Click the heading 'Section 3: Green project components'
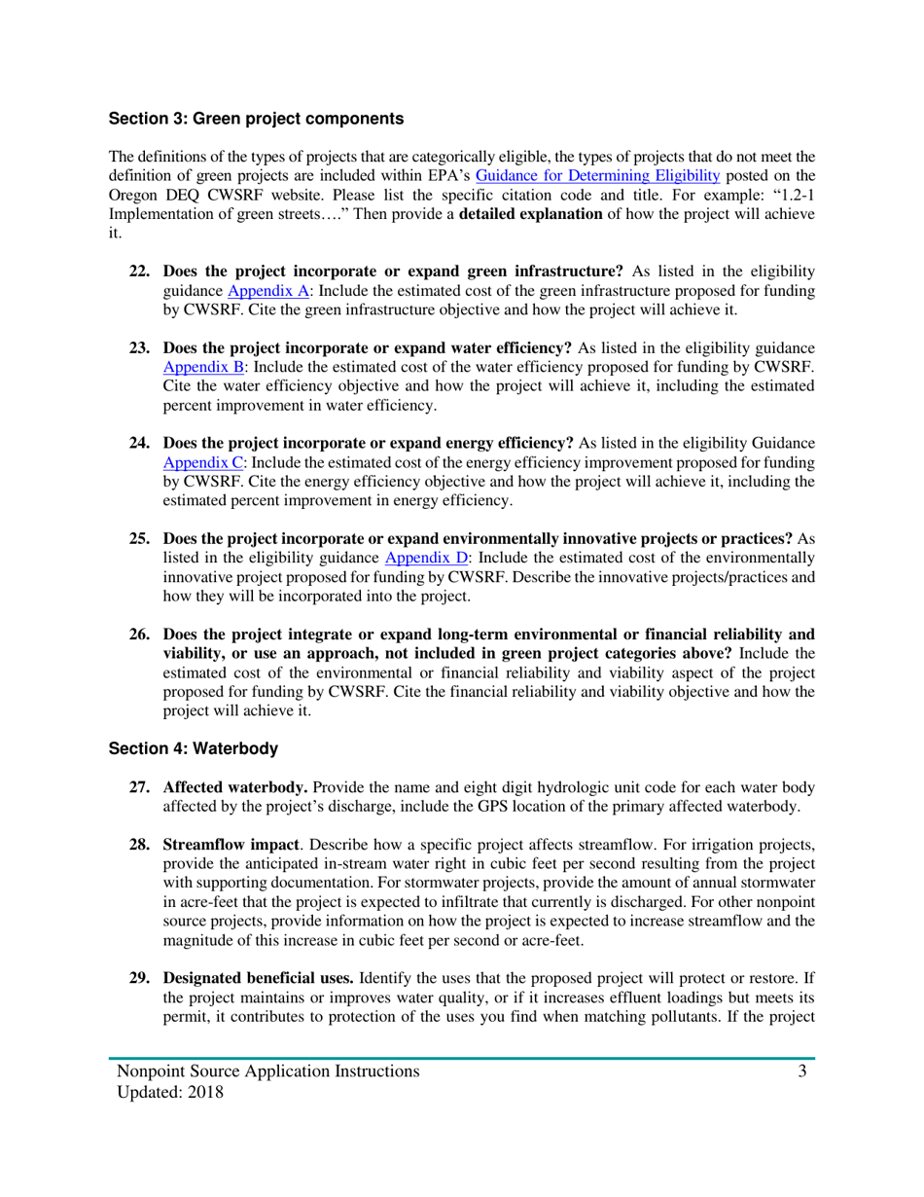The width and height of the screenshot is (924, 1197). [256, 120]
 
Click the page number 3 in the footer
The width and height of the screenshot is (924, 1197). [802, 1071]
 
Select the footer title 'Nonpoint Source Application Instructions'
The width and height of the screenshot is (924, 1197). [268, 1071]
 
